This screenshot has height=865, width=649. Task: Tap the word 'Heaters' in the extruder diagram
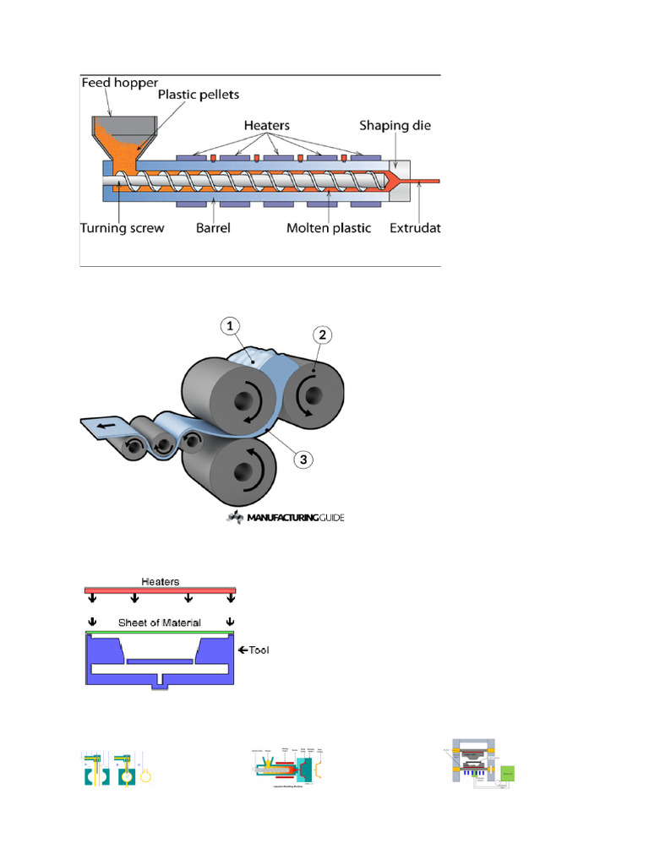pyautogui.click(x=266, y=125)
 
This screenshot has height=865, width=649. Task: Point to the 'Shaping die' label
pyautogui.click(x=395, y=125)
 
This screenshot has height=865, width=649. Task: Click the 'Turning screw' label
pyautogui.click(x=122, y=228)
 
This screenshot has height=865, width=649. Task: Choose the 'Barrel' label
pyautogui.click(x=214, y=228)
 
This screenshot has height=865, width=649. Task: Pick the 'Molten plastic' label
pyautogui.click(x=328, y=228)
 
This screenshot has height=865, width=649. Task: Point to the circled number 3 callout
pyautogui.click(x=302, y=460)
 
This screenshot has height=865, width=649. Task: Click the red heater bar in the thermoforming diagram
pyautogui.click(x=161, y=590)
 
